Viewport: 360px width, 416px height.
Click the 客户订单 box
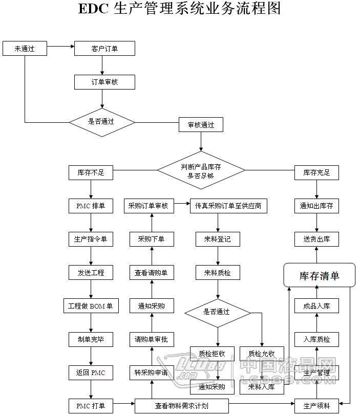(x=104, y=49)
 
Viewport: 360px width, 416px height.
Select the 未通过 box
(x=25, y=49)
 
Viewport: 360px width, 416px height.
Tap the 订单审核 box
(x=104, y=82)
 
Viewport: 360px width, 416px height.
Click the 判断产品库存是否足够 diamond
(x=201, y=170)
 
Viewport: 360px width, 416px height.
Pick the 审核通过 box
(x=201, y=125)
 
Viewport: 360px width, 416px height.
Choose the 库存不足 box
(x=91, y=173)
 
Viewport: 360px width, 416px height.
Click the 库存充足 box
(x=316, y=173)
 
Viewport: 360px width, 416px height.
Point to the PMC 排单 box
(x=91, y=206)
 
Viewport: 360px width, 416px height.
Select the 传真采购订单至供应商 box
(x=228, y=206)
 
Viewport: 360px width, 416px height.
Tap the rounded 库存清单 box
(x=319, y=276)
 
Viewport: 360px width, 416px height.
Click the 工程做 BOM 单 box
(x=91, y=306)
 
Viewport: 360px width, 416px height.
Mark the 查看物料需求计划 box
(x=182, y=406)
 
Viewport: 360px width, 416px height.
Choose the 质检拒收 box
(x=212, y=353)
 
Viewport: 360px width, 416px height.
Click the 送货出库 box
(x=316, y=239)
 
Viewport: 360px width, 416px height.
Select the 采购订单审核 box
(x=149, y=206)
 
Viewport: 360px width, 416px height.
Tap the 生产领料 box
(x=316, y=406)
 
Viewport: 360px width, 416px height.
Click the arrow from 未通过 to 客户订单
(x=60, y=49)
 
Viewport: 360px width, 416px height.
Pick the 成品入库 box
(x=316, y=306)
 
